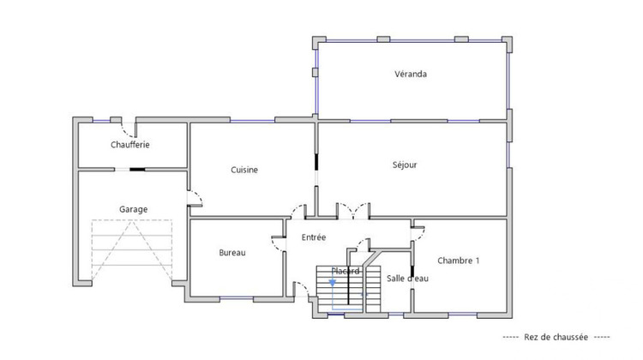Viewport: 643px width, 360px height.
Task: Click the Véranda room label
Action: (411, 74)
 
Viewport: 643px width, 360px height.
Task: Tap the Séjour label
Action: (405, 165)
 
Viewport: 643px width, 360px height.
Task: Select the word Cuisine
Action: (244, 170)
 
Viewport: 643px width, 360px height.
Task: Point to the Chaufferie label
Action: (130, 145)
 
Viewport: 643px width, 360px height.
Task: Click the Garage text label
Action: (133, 208)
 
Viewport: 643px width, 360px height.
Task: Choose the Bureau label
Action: (232, 252)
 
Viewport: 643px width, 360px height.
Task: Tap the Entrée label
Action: (314, 237)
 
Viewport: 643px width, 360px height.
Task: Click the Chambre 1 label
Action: (459, 261)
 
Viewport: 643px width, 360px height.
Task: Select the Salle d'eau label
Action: (407, 279)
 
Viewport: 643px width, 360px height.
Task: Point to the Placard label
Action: (346, 271)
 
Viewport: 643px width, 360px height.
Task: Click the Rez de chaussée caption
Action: (556, 337)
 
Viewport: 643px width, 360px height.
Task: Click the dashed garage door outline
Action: (132, 249)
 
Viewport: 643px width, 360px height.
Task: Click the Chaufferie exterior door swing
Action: (129, 129)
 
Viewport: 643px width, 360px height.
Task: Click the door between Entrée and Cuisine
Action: (301, 210)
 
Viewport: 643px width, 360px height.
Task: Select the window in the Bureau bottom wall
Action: (236, 298)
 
